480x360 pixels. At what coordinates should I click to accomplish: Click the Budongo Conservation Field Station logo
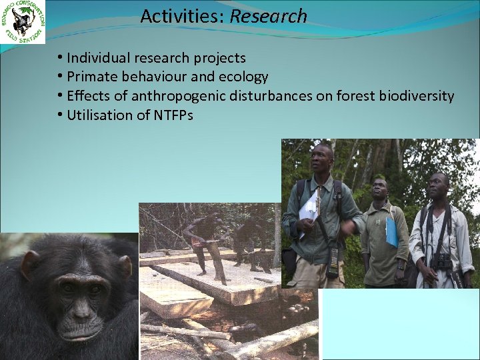tap(23, 23)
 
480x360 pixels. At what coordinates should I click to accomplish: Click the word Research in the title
tap(268, 16)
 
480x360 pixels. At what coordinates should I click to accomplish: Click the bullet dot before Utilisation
tap(60, 115)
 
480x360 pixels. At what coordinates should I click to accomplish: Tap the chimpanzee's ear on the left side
tap(27, 265)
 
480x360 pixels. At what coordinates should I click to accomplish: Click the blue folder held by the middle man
tap(391, 232)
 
